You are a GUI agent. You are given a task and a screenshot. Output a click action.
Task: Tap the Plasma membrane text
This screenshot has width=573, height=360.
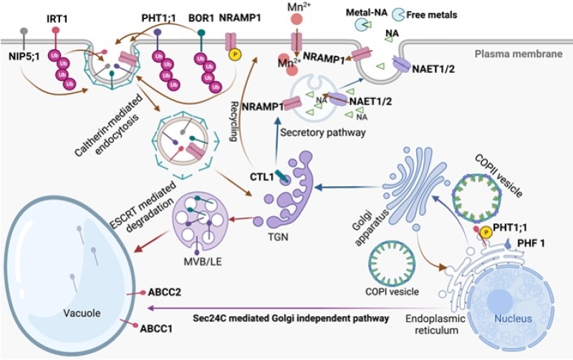[x=523, y=55]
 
